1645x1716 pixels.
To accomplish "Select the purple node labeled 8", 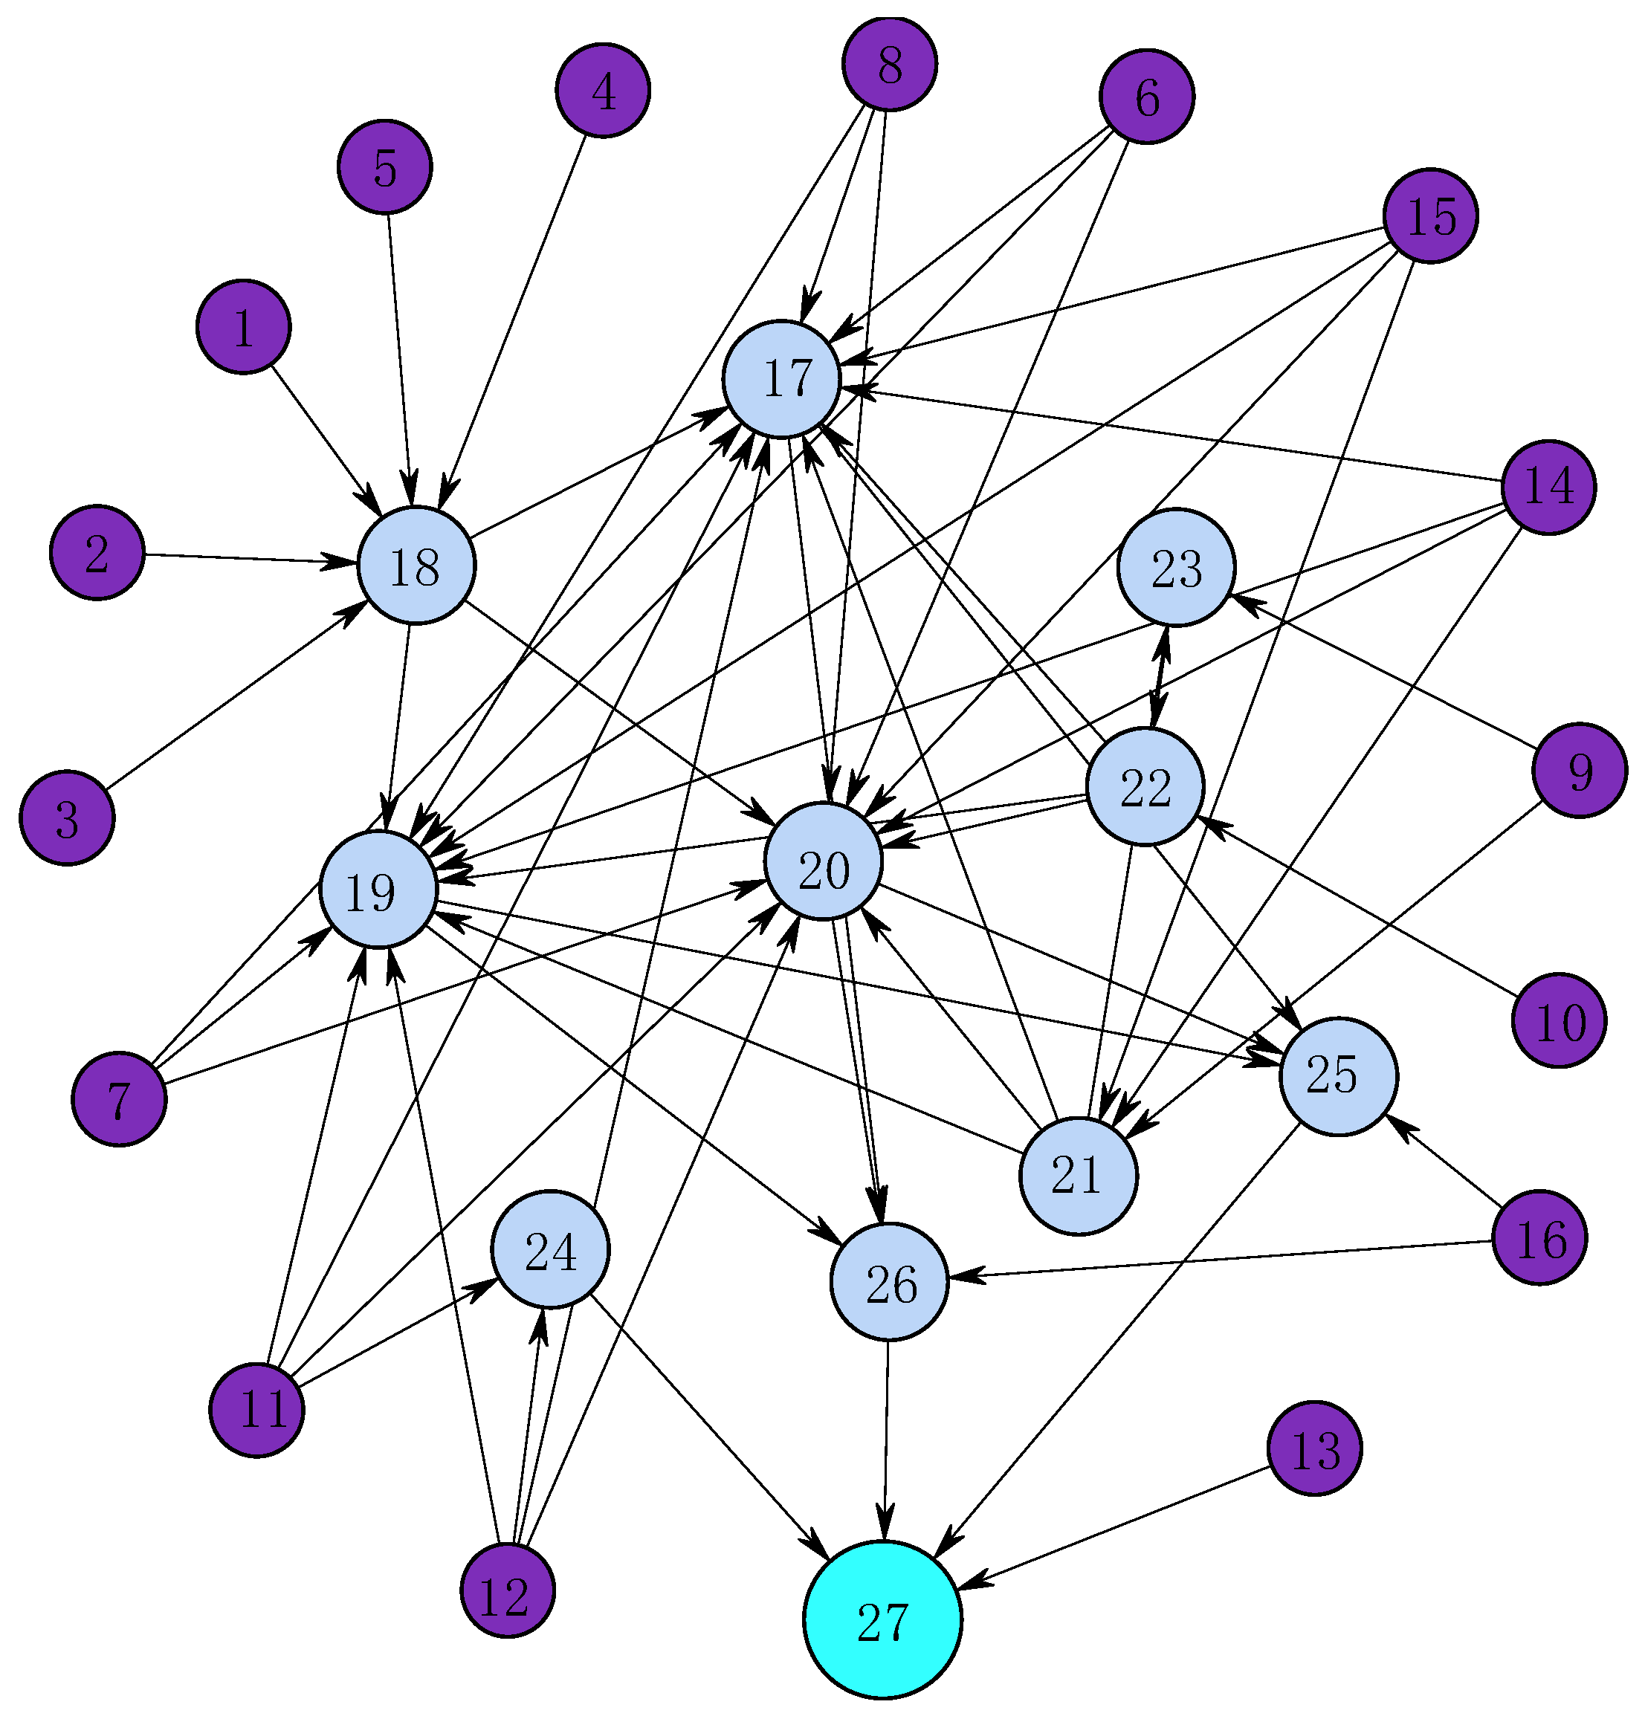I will coord(890,63).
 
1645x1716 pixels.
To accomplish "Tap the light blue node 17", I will coord(782,379).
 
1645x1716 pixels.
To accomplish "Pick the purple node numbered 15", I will coord(1430,216).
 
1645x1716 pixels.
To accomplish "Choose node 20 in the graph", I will coord(823,861).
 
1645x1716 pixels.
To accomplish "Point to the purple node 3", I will coord(68,817).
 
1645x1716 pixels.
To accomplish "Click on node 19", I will coord(379,890).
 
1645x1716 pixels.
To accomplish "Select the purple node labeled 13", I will coord(1315,1449).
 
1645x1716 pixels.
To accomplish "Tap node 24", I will coord(551,1249).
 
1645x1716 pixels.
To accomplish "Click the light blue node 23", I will coord(1177,567).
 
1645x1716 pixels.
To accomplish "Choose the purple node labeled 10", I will coord(1560,1020).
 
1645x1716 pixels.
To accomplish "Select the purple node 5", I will coord(385,166).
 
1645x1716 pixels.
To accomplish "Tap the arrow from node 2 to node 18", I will coord(236,557).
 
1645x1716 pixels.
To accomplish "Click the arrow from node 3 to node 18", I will coord(232,696).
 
